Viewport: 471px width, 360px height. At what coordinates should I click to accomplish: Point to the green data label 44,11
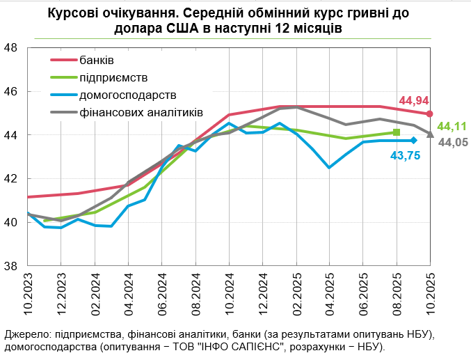pos(452,126)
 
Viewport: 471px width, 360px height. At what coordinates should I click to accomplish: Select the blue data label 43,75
pos(404,156)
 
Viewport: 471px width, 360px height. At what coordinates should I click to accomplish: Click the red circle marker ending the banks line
pos(430,114)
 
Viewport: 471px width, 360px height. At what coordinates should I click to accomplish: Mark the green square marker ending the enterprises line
pos(397,132)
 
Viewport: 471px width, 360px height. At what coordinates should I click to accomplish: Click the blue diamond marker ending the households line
pos(413,141)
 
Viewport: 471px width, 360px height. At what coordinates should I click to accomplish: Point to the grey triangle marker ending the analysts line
pos(430,134)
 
